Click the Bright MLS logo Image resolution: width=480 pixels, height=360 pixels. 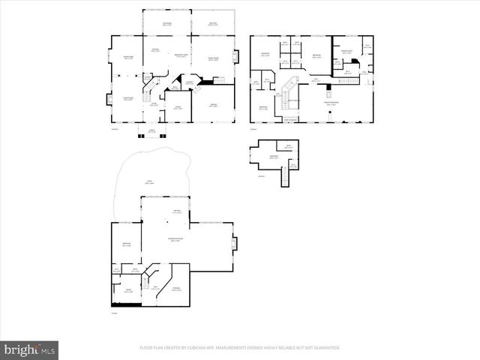click(x=29, y=349)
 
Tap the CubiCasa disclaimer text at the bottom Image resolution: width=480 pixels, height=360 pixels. click(x=239, y=348)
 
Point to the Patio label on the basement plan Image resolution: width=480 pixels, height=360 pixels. click(x=148, y=181)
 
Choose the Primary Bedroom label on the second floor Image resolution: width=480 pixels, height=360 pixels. click(x=331, y=103)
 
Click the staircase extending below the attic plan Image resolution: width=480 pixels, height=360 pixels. click(x=285, y=178)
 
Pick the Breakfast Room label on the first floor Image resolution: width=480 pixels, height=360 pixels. click(x=180, y=57)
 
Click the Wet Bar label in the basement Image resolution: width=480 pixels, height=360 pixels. click(x=176, y=212)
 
